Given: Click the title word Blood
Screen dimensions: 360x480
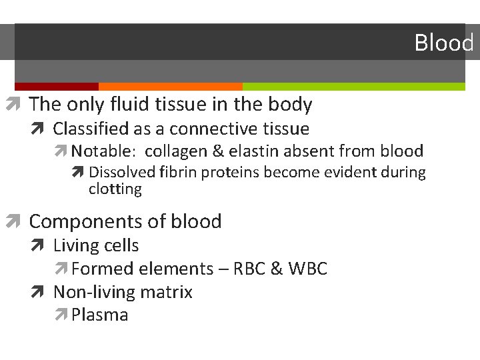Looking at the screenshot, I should [443, 43].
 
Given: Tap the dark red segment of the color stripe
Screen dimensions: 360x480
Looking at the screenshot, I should [56, 87].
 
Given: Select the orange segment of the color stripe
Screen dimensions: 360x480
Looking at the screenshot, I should [170, 87].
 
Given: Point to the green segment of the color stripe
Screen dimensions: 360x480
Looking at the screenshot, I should [353, 87].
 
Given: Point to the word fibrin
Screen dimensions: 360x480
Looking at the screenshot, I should [179, 172].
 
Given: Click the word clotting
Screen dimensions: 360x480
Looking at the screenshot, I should [115, 189].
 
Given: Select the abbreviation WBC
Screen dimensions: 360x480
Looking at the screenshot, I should [307, 269].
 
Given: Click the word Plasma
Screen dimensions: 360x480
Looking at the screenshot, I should [100, 315].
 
